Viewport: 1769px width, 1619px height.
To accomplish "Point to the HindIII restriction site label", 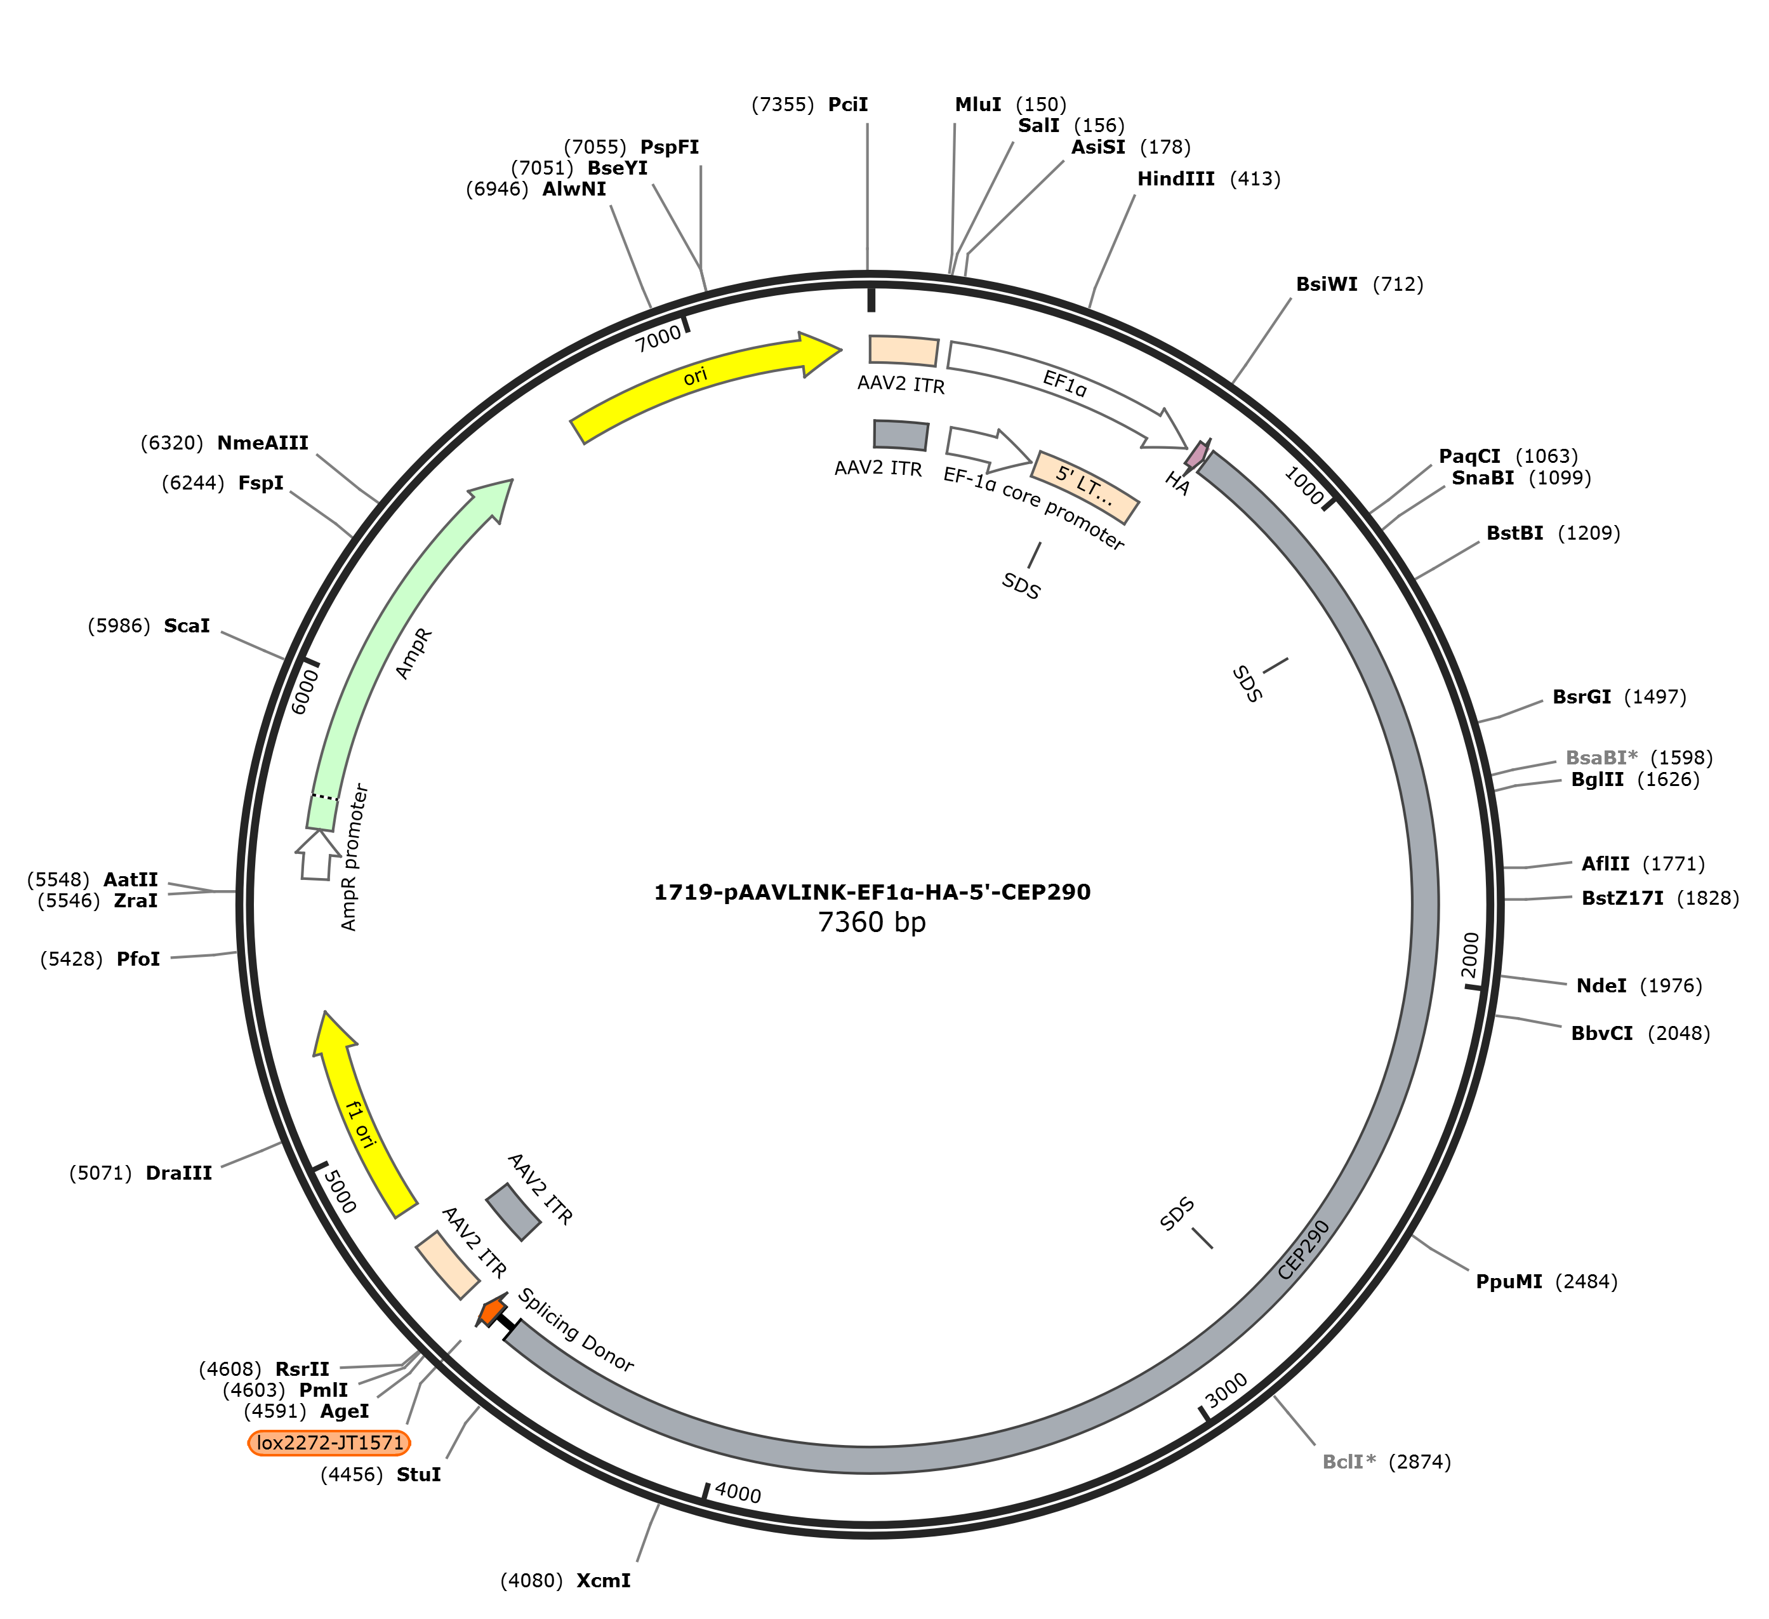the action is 1176,179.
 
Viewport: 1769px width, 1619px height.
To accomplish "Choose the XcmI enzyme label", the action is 604,1582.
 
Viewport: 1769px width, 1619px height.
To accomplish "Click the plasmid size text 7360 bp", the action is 871,923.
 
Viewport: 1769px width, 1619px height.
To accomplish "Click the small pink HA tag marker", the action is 1196,454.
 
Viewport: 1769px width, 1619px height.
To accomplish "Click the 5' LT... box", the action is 1085,487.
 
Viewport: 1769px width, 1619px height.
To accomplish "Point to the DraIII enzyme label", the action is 179,1173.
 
